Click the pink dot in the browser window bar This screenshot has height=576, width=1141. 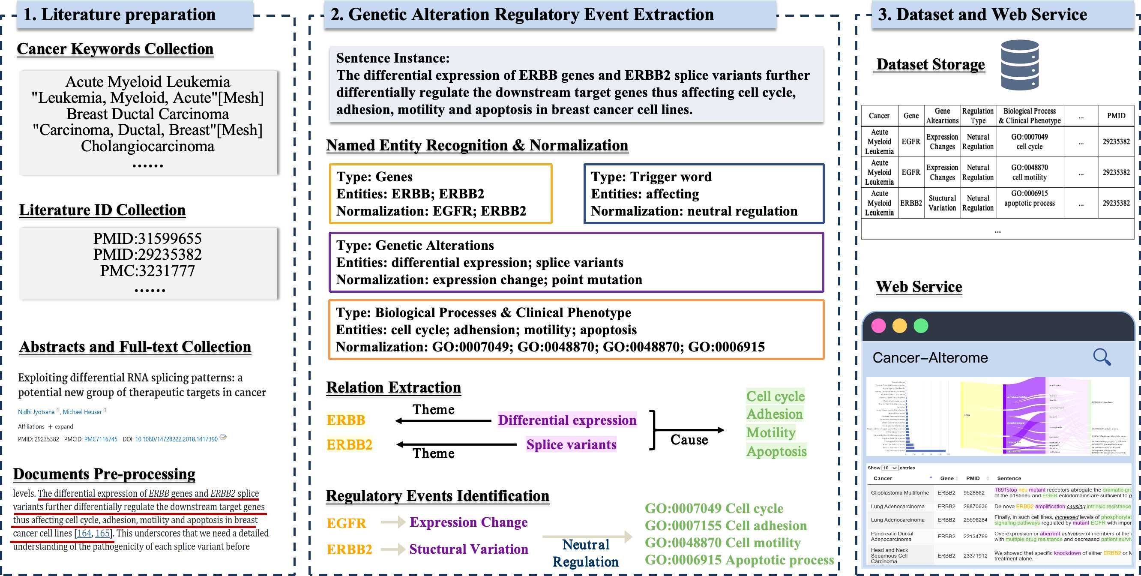tap(878, 326)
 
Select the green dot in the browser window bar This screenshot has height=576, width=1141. tap(921, 326)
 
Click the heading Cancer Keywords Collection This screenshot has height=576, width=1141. tap(115, 49)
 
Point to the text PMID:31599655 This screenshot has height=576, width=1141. tap(147, 238)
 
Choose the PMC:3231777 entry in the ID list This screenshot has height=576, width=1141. tap(147, 270)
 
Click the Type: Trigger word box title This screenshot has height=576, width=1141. tap(651, 177)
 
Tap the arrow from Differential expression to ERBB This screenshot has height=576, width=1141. tap(443, 420)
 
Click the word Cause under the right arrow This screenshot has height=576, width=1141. tap(689, 440)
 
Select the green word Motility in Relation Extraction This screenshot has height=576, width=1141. tap(771, 432)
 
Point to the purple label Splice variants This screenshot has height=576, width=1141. tap(571, 444)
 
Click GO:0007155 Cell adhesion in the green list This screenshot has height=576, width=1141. tap(725, 525)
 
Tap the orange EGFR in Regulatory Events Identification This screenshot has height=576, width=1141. tap(346, 523)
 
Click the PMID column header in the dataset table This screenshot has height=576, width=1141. tap(1116, 116)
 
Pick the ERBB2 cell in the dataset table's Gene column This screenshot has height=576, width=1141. tap(910, 203)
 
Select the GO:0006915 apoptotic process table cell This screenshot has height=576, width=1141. tap(1029, 198)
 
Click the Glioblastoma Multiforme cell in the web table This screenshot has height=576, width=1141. tap(900, 493)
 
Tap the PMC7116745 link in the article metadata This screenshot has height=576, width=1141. tap(101, 439)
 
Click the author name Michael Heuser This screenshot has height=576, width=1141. tap(82, 411)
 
